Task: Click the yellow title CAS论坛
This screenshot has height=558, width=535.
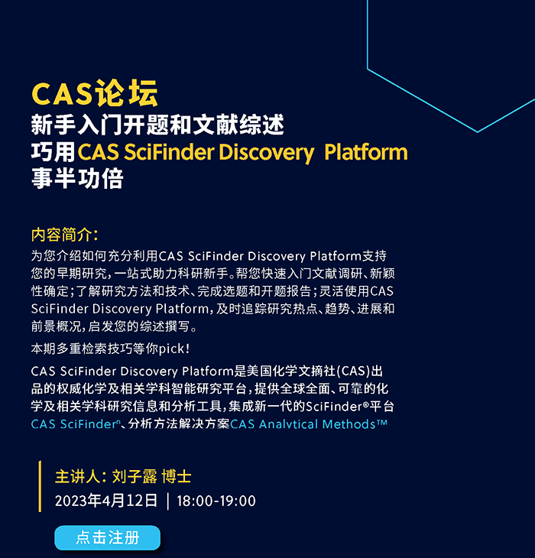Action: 95,93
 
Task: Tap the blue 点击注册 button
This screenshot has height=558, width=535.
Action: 108,537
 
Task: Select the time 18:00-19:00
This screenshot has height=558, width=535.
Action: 216,501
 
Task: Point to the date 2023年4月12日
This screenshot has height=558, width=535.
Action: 106,501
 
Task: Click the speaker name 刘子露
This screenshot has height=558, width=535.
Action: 135,476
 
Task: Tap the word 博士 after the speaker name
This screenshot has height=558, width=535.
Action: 177,476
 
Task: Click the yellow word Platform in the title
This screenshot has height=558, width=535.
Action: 366,152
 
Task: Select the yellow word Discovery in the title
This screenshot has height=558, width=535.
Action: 267,153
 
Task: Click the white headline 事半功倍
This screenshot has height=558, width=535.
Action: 77,178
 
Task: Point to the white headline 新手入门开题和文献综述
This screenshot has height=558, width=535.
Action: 157,125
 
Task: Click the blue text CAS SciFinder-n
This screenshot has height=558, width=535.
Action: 76,424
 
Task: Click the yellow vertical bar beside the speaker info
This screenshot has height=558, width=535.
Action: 40,486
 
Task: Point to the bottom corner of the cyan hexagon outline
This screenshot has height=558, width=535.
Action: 478,132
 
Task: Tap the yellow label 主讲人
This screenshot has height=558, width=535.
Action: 78,476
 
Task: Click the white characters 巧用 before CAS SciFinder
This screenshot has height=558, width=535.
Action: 53,152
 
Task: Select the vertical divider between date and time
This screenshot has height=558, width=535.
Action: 168,501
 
